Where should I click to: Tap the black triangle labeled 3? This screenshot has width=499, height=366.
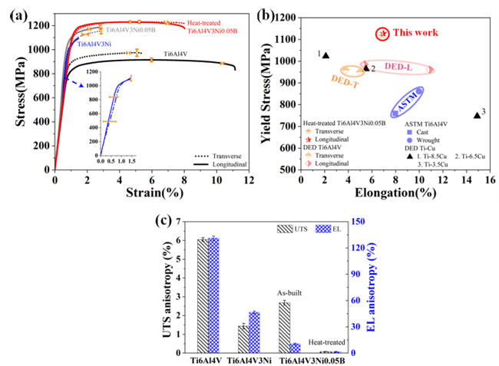click(x=477, y=115)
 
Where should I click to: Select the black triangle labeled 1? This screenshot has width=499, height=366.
click(x=326, y=55)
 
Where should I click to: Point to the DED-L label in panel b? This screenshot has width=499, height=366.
click(x=399, y=68)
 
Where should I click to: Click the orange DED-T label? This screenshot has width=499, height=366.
click(x=345, y=79)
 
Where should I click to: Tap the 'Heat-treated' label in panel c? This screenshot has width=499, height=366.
click(x=326, y=343)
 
